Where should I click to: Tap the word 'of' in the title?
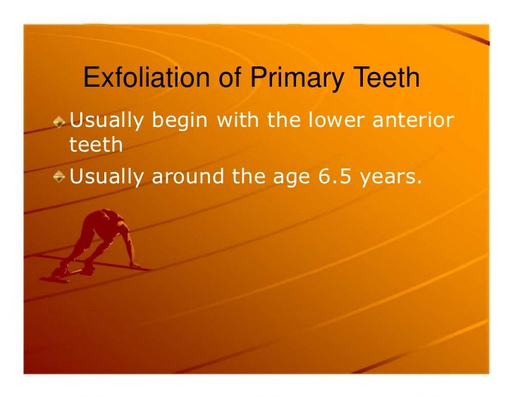tap(229, 79)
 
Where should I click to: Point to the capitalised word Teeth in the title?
tap(384, 79)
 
